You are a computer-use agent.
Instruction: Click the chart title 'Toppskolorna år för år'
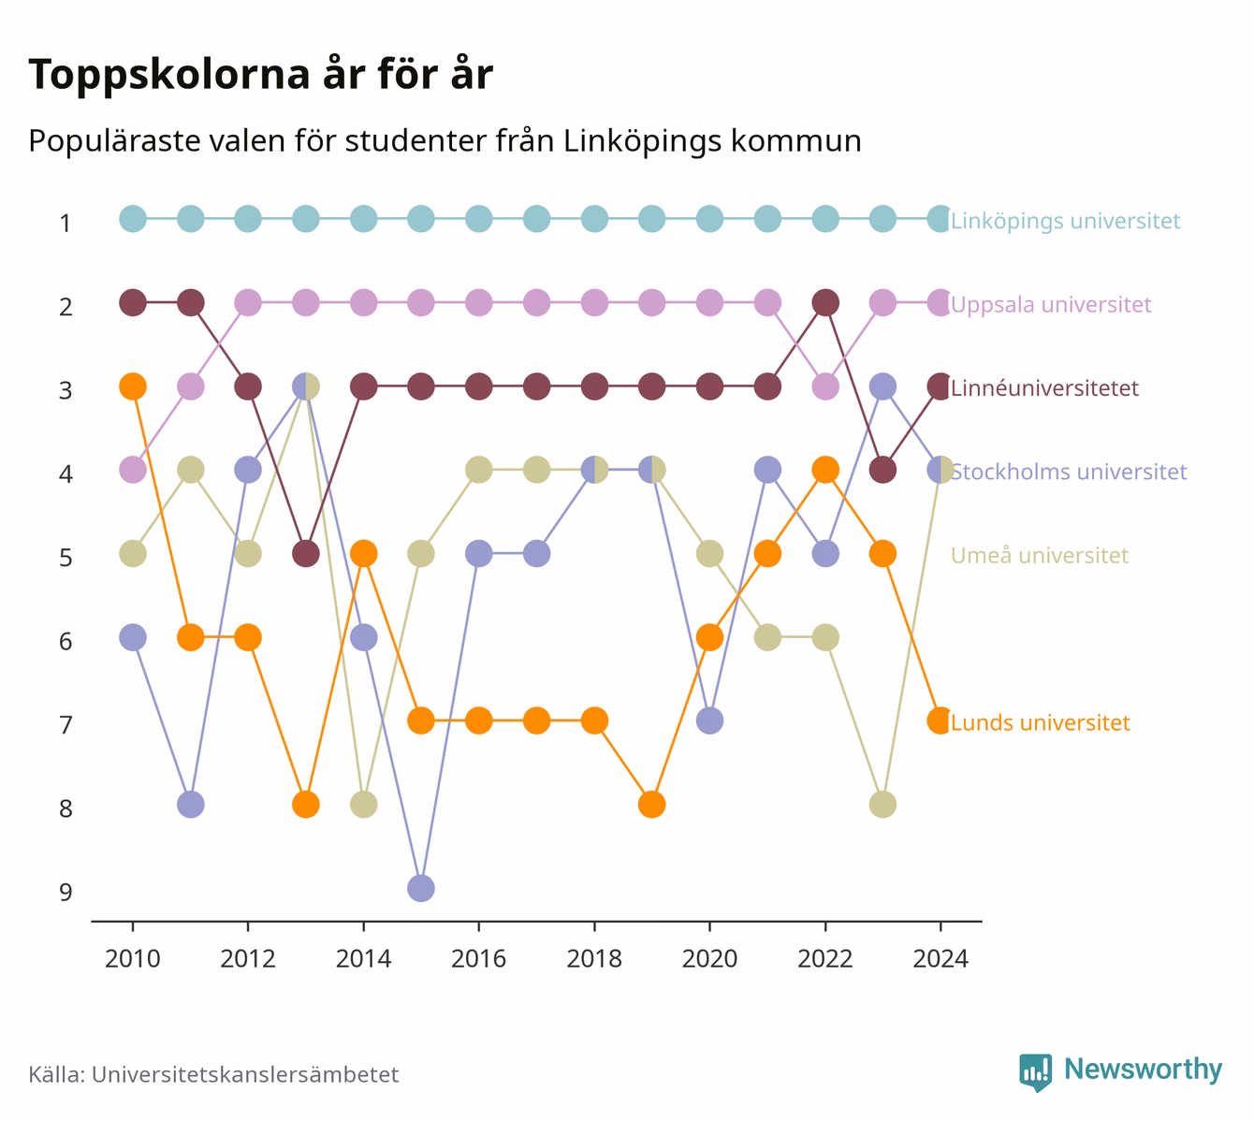coord(260,74)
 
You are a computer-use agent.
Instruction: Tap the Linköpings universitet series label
coord(1065,220)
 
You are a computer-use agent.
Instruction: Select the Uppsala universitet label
coord(1051,304)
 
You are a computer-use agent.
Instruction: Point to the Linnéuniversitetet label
coord(1044,388)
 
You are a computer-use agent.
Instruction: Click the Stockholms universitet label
coord(1069,472)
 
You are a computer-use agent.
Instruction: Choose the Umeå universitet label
coord(1039,555)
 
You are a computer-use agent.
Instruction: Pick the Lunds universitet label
coord(1041,722)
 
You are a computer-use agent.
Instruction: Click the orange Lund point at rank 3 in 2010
coord(133,386)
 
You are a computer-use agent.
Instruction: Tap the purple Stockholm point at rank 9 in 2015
coord(421,888)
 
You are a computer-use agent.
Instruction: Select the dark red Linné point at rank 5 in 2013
coord(306,554)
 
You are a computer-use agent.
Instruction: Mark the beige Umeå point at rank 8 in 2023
coord(882,805)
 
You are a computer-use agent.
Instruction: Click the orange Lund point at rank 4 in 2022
coord(825,471)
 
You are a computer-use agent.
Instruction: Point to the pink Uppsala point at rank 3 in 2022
coord(825,386)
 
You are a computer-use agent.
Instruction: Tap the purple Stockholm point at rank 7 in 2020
coord(710,721)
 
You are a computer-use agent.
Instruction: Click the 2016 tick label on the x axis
coord(478,959)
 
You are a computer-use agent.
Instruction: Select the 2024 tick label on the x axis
coord(940,959)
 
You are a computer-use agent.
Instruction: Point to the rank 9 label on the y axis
coord(66,892)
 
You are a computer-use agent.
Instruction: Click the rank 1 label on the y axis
coord(66,224)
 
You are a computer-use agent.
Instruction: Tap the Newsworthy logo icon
coord(1036,1072)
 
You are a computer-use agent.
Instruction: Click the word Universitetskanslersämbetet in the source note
coord(245,1074)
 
